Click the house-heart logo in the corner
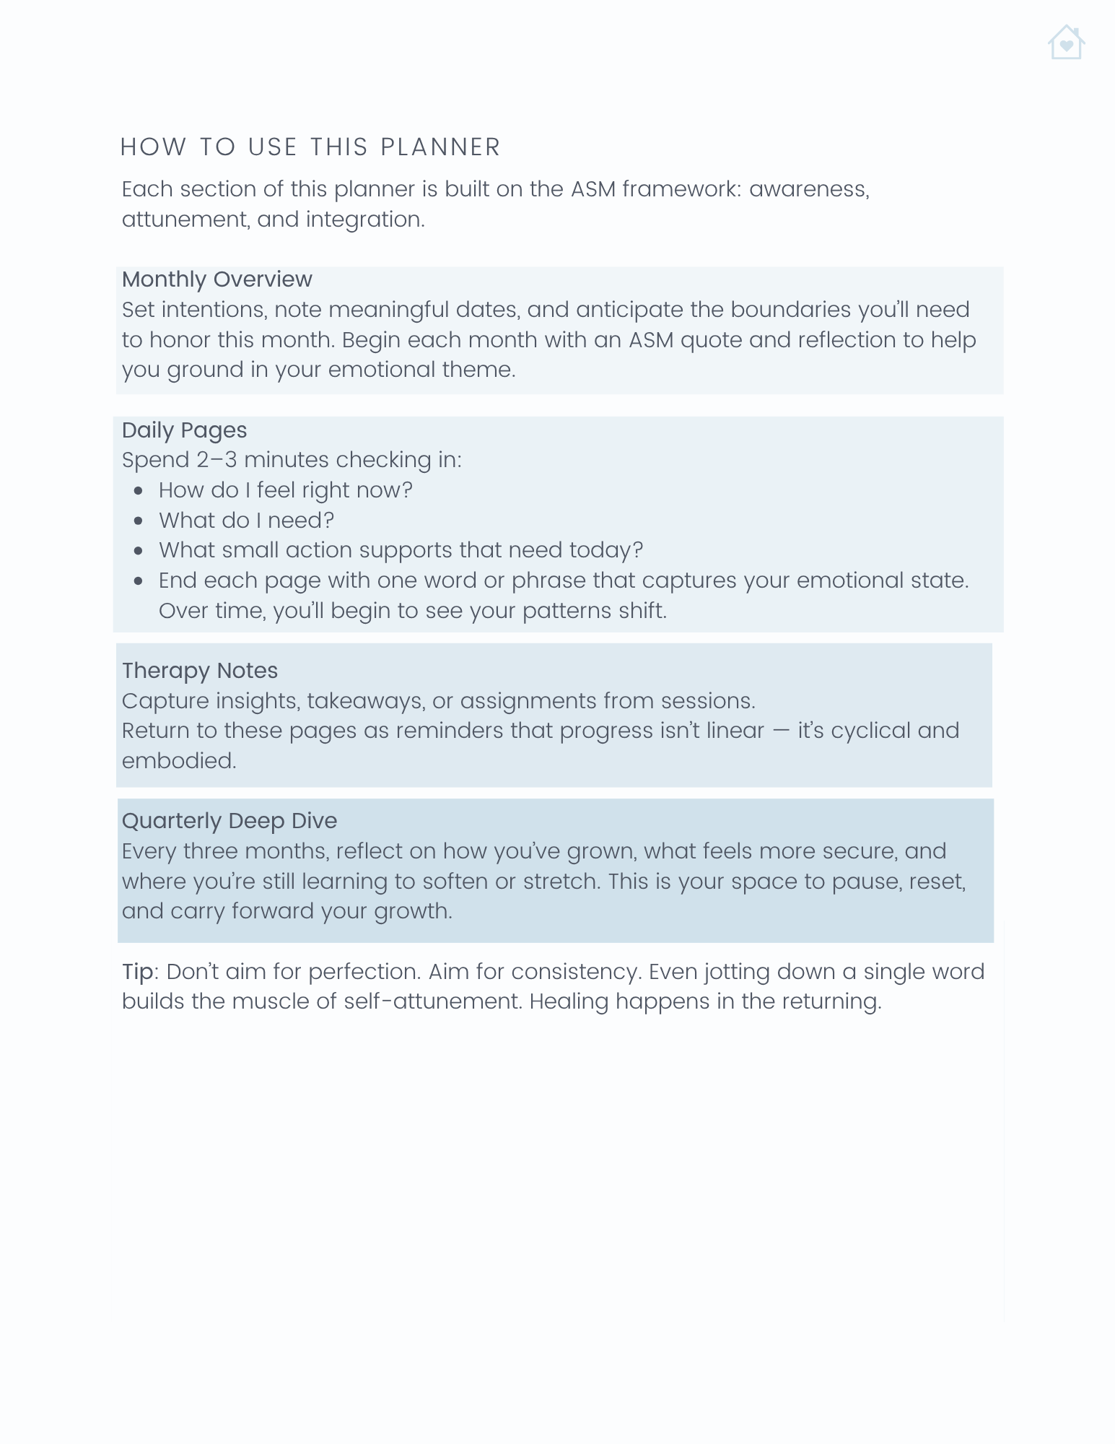click(x=1066, y=43)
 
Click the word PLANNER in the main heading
click(x=440, y=147)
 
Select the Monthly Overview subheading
click(x=217, y=279)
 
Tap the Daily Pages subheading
click(x=184, y=430)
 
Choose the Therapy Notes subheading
click(x=199, y=671)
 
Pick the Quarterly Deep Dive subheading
click(x=229, y=821)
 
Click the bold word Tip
click(x=137, y=972)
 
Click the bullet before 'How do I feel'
click(x=139, y=491)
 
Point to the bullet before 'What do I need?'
click(x=139, y=521)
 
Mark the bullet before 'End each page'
click(x=139, y=581)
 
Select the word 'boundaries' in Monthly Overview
click(x=790, y=310)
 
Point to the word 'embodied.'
click(x=178, y=761)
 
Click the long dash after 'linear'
click(x=781, y=731)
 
